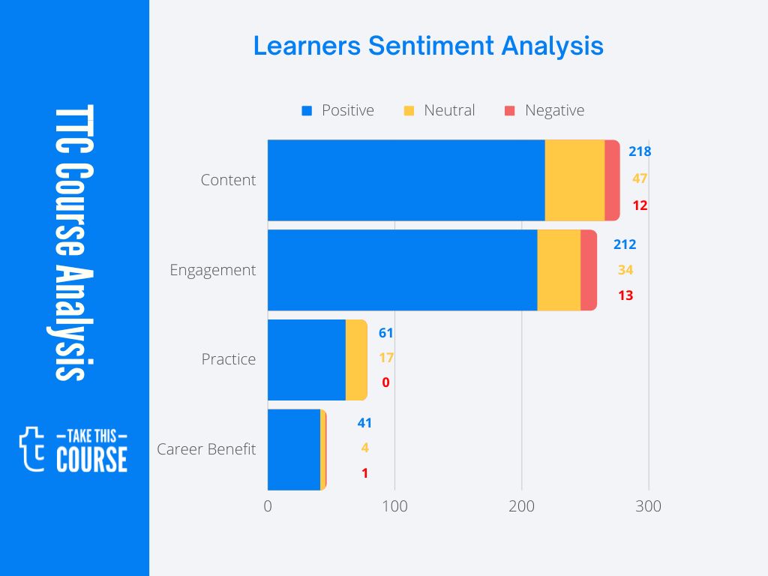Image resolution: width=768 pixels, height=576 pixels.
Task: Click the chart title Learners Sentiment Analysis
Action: (x=427, y=46)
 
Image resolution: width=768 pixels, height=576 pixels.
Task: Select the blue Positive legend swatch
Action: (x=306, y=111)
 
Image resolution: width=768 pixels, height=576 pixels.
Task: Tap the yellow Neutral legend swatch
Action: (x=409, y=111)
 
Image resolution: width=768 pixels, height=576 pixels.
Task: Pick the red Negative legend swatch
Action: (x=510, y=111)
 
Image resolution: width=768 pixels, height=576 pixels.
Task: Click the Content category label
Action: (x=228, y=180)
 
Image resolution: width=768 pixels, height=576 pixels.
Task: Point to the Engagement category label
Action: (x=212, y=270)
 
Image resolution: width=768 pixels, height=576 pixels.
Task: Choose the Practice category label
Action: (x=228, y=359)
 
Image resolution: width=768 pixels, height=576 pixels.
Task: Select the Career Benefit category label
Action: (x=206, y=449)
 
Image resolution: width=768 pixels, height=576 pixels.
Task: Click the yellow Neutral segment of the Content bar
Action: (x=574, y=180)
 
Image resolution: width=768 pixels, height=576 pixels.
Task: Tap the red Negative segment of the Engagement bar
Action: (x=589, y=270)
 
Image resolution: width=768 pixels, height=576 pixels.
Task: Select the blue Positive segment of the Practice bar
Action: (x=306, y=360)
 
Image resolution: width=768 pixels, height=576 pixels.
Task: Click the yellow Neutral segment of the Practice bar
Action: (x=356, y=360)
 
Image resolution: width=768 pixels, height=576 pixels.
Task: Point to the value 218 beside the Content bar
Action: (x=640, y=151)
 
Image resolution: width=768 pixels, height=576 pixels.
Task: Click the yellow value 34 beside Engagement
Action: (x=625, y=270)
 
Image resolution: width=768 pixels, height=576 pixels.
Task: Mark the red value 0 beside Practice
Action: (x=385, y=382)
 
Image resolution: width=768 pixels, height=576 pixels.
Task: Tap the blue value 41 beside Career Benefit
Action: (x=364, y=423)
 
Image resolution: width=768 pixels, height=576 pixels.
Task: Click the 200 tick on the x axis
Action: (x=522, y=506)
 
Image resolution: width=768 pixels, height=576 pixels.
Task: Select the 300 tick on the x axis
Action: (x=649, y=506)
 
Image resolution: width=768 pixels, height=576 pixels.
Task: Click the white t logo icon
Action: (x=31, y=448)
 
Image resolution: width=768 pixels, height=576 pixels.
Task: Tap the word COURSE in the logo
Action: (x=91, y=459)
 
